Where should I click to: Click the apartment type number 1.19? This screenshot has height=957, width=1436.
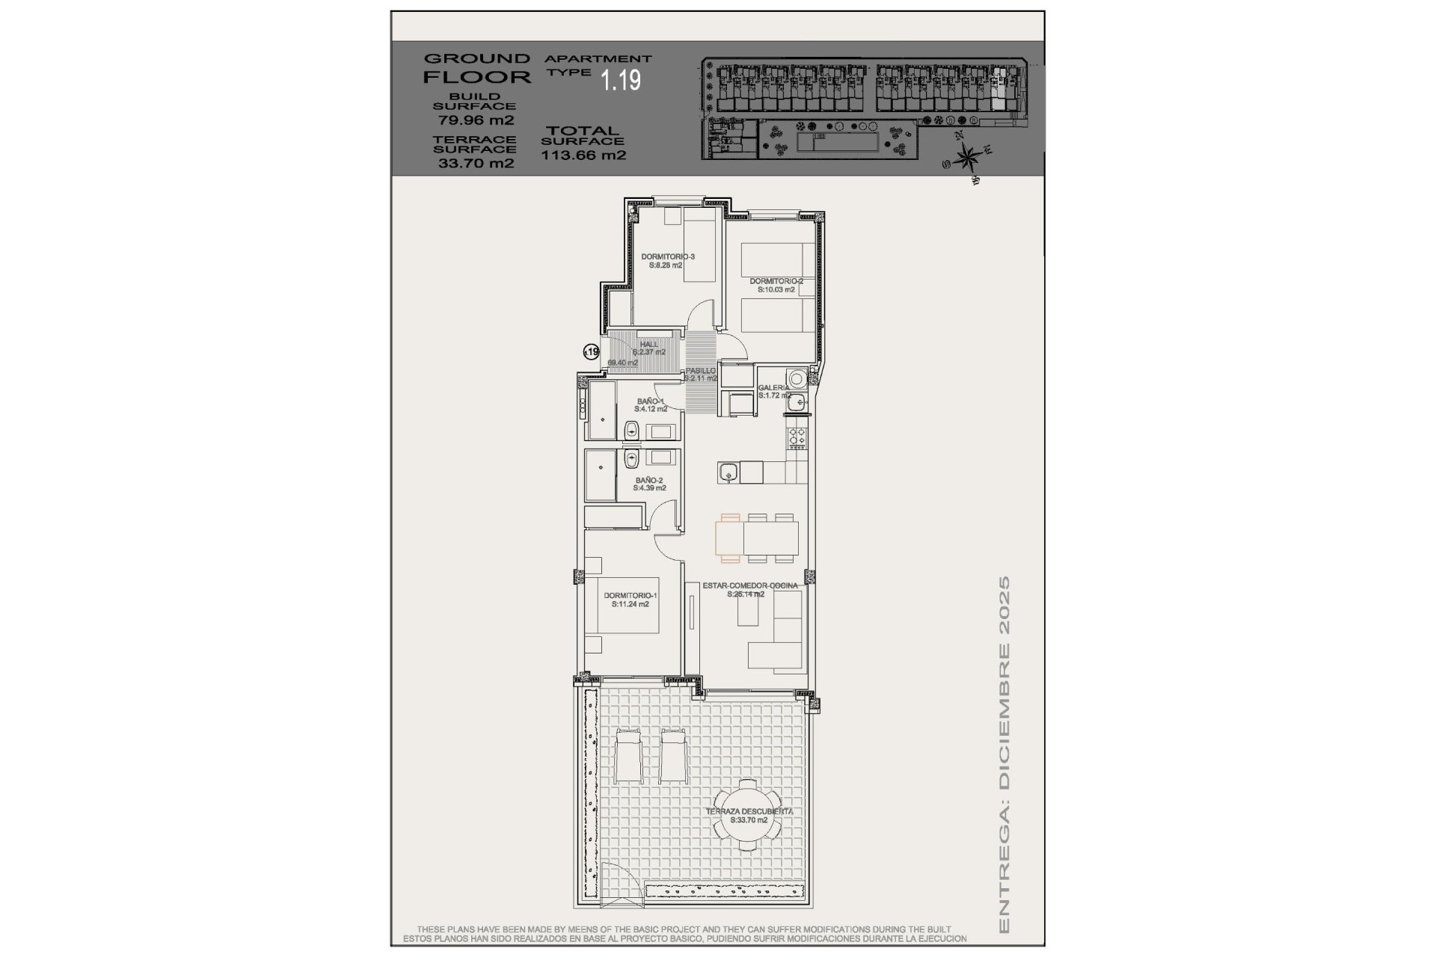coord(622,79)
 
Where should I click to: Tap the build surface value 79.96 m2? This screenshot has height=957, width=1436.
coord(476,120)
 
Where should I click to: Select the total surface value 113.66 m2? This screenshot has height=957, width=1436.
coord(583,156)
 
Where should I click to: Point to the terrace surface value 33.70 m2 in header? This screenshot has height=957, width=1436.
coord(476,164)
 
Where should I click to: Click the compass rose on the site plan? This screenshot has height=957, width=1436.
coord(968,158)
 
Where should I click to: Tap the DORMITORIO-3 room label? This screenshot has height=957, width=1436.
coord(668,257)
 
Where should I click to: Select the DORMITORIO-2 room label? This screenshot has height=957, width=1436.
coord(776,282)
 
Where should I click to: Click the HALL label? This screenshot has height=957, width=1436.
coord(649,345)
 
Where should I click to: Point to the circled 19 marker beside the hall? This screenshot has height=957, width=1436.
coord(591,351)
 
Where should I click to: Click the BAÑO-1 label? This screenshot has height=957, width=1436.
coord(651,401)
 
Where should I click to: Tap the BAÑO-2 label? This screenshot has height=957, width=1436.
coord(649,481)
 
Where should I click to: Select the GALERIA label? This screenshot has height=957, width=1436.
coord(773,388)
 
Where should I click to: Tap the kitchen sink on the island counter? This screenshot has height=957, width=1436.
coord(728,473)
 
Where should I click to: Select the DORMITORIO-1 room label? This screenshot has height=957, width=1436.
coord(630,596)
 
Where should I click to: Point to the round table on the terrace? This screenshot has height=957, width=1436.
coord(748,816)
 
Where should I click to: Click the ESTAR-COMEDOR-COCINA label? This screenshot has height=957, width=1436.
coord(750,586)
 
